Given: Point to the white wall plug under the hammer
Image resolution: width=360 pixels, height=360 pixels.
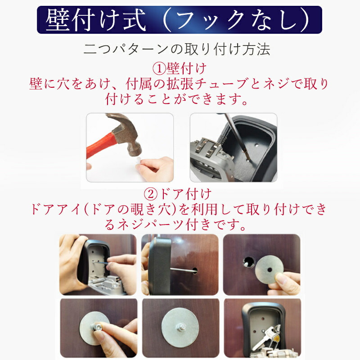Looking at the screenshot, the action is tap(138, 160).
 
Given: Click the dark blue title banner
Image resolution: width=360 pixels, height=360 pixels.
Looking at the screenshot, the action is tap(180, 20).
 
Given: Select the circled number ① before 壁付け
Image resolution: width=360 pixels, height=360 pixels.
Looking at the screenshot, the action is tap(159, 69).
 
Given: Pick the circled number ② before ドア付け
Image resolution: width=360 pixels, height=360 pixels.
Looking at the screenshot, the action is tap(151, 194).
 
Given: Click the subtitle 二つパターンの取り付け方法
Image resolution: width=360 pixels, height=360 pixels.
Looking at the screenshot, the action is tap(176, 49).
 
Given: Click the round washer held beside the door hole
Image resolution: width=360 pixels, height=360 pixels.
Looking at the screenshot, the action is tap(270, 270).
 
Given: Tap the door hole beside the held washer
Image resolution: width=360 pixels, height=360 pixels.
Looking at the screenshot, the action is tap(249, 262).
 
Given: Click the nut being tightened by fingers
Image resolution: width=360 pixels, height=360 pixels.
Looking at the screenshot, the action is tap(96, 327).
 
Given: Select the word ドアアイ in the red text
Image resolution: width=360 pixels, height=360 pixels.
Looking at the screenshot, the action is tap(56, 209).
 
